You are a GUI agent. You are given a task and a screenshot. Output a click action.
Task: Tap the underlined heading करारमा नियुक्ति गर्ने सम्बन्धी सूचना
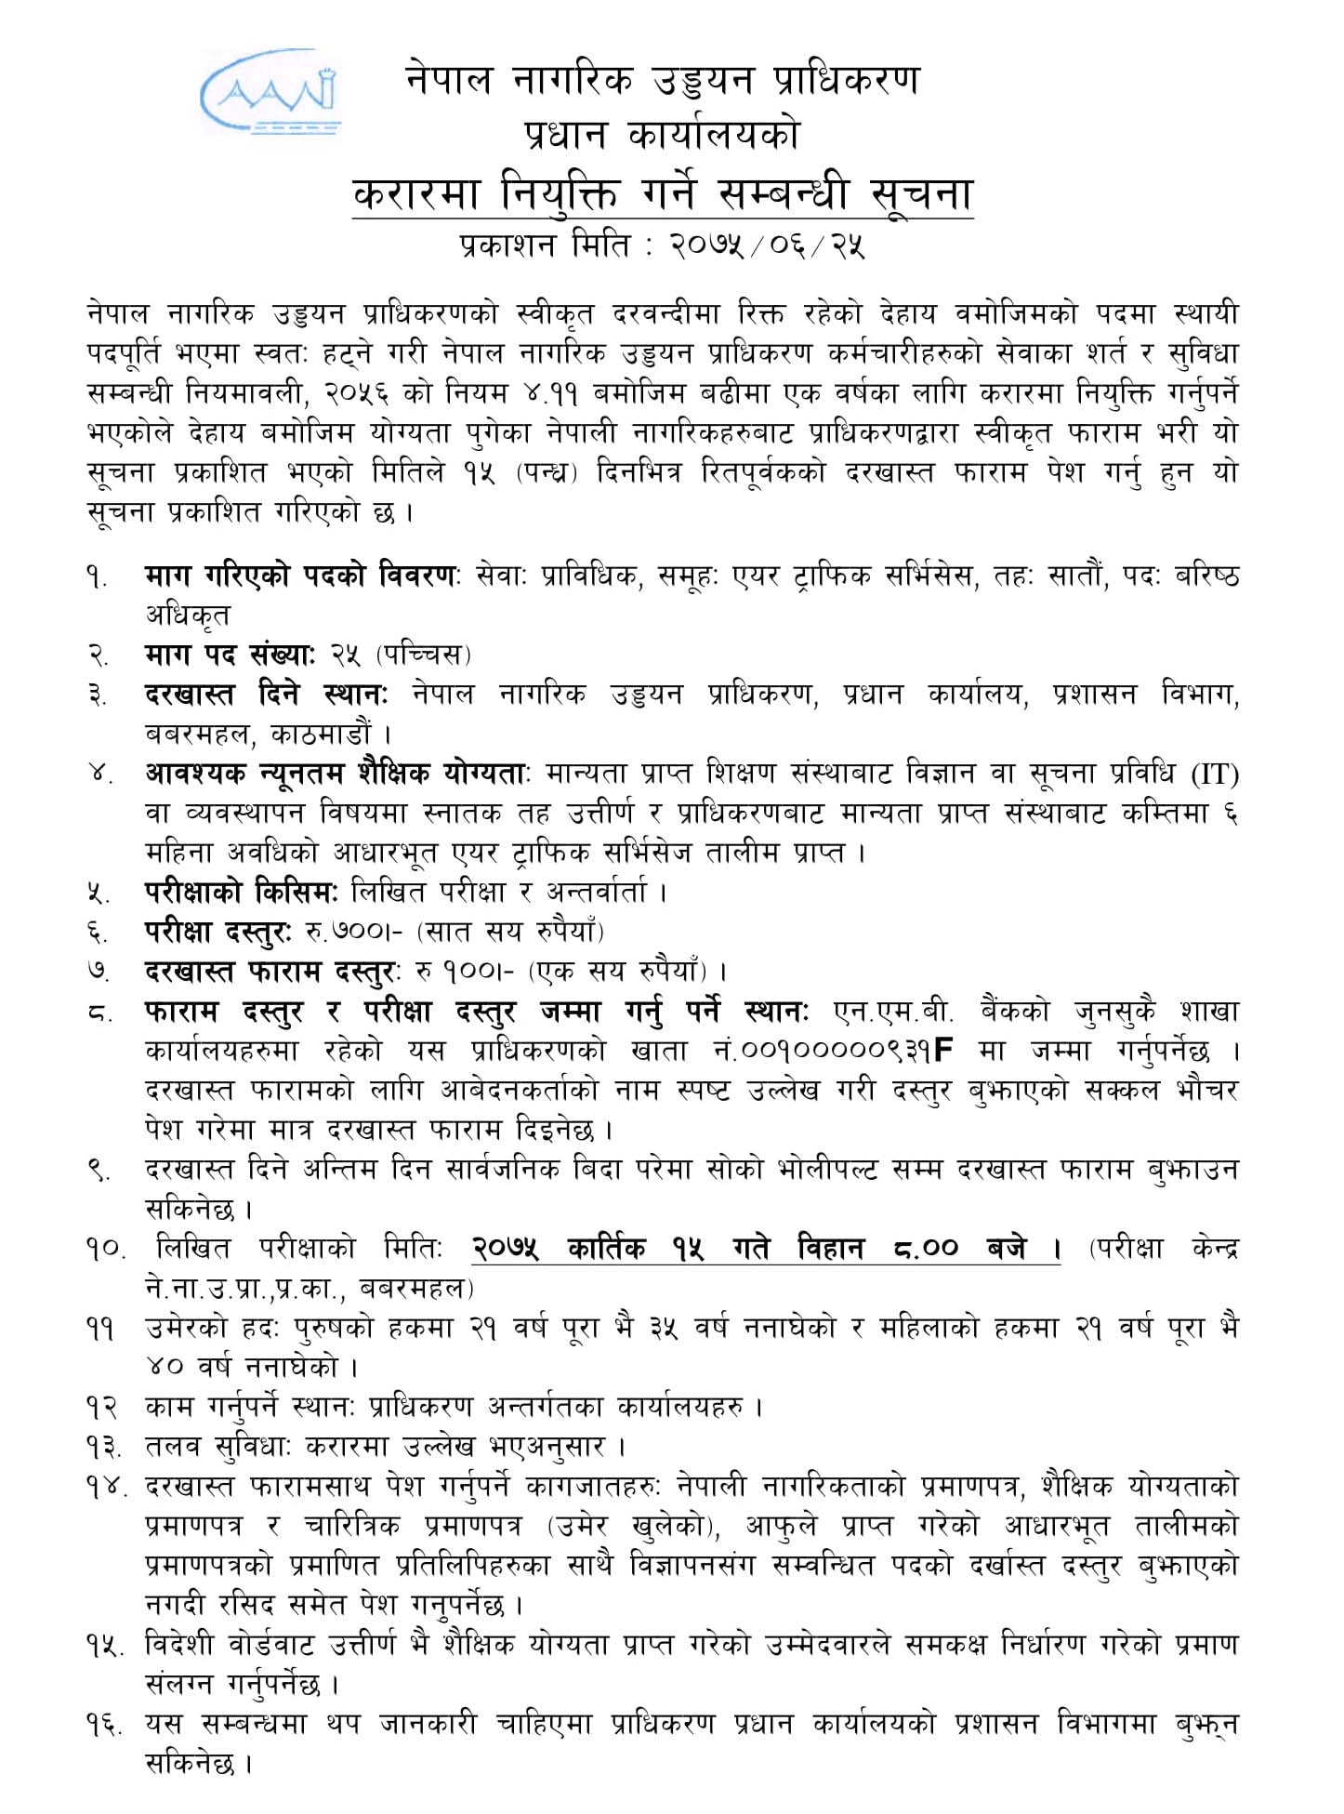pos(663,194)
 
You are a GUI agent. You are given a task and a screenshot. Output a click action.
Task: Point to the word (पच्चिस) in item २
pos(424,655)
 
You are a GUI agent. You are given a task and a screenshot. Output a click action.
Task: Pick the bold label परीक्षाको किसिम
pos(243,893)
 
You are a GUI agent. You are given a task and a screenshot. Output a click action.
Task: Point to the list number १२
pos(100,1407)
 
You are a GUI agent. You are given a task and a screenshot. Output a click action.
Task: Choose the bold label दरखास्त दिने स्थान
pos(266,695)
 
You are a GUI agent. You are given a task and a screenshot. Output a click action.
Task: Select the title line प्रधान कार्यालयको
pos(661,136)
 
